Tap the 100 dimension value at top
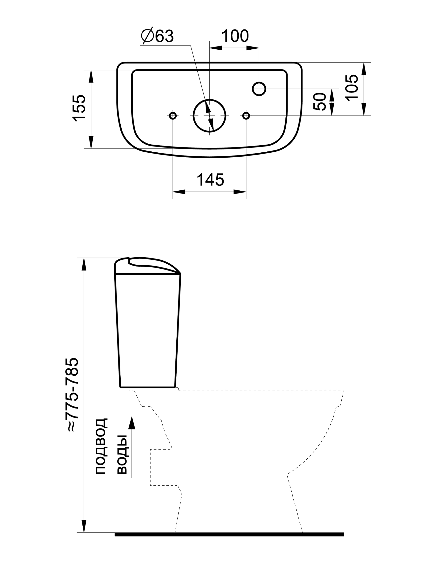235,36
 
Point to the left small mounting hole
173,116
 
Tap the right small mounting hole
246,116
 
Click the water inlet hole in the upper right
259,89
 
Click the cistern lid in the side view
147,266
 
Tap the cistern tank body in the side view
148,331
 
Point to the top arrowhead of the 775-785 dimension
84,264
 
